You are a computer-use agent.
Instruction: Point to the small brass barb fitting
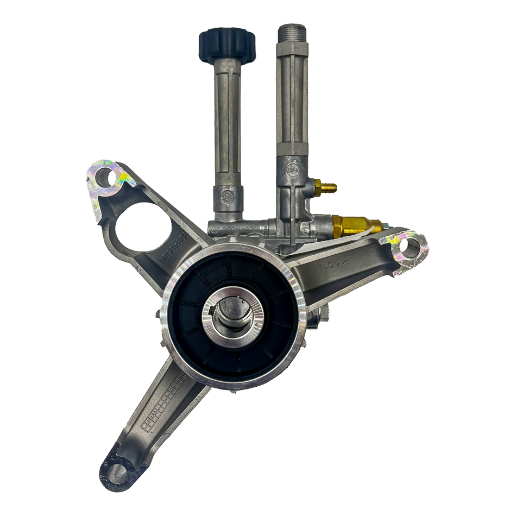tap(327, 187)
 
